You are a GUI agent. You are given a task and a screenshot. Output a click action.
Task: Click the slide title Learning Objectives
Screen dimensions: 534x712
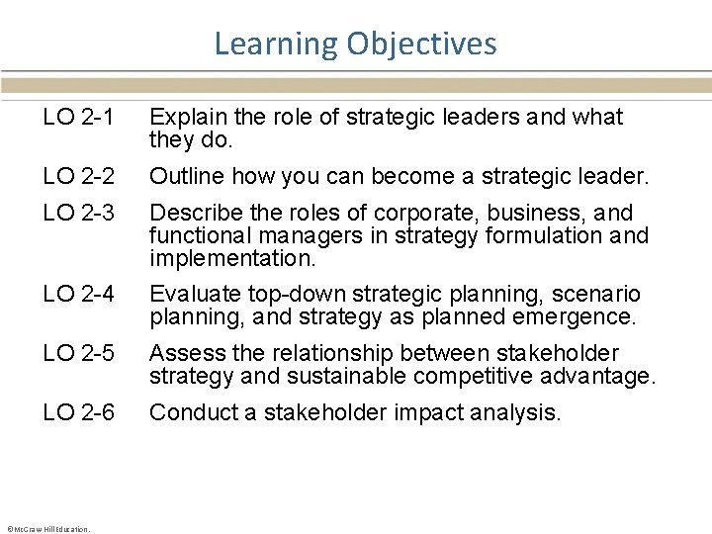click(355, 44)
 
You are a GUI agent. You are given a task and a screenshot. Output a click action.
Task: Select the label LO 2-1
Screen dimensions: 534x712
click(79, 117)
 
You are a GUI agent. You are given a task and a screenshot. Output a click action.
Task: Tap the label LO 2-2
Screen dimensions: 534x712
click(79, 177)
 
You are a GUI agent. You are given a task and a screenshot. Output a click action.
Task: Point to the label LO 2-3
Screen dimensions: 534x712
click(79, 213)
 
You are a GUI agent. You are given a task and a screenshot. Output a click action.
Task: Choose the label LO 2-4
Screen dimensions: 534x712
click(79, 294)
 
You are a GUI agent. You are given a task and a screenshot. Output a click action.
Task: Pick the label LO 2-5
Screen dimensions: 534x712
click(79, 353)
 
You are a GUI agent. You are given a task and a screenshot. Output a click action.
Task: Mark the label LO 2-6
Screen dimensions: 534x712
click(79, 412)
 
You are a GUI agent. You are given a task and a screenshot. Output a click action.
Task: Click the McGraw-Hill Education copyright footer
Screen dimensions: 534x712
click(48, 528)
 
